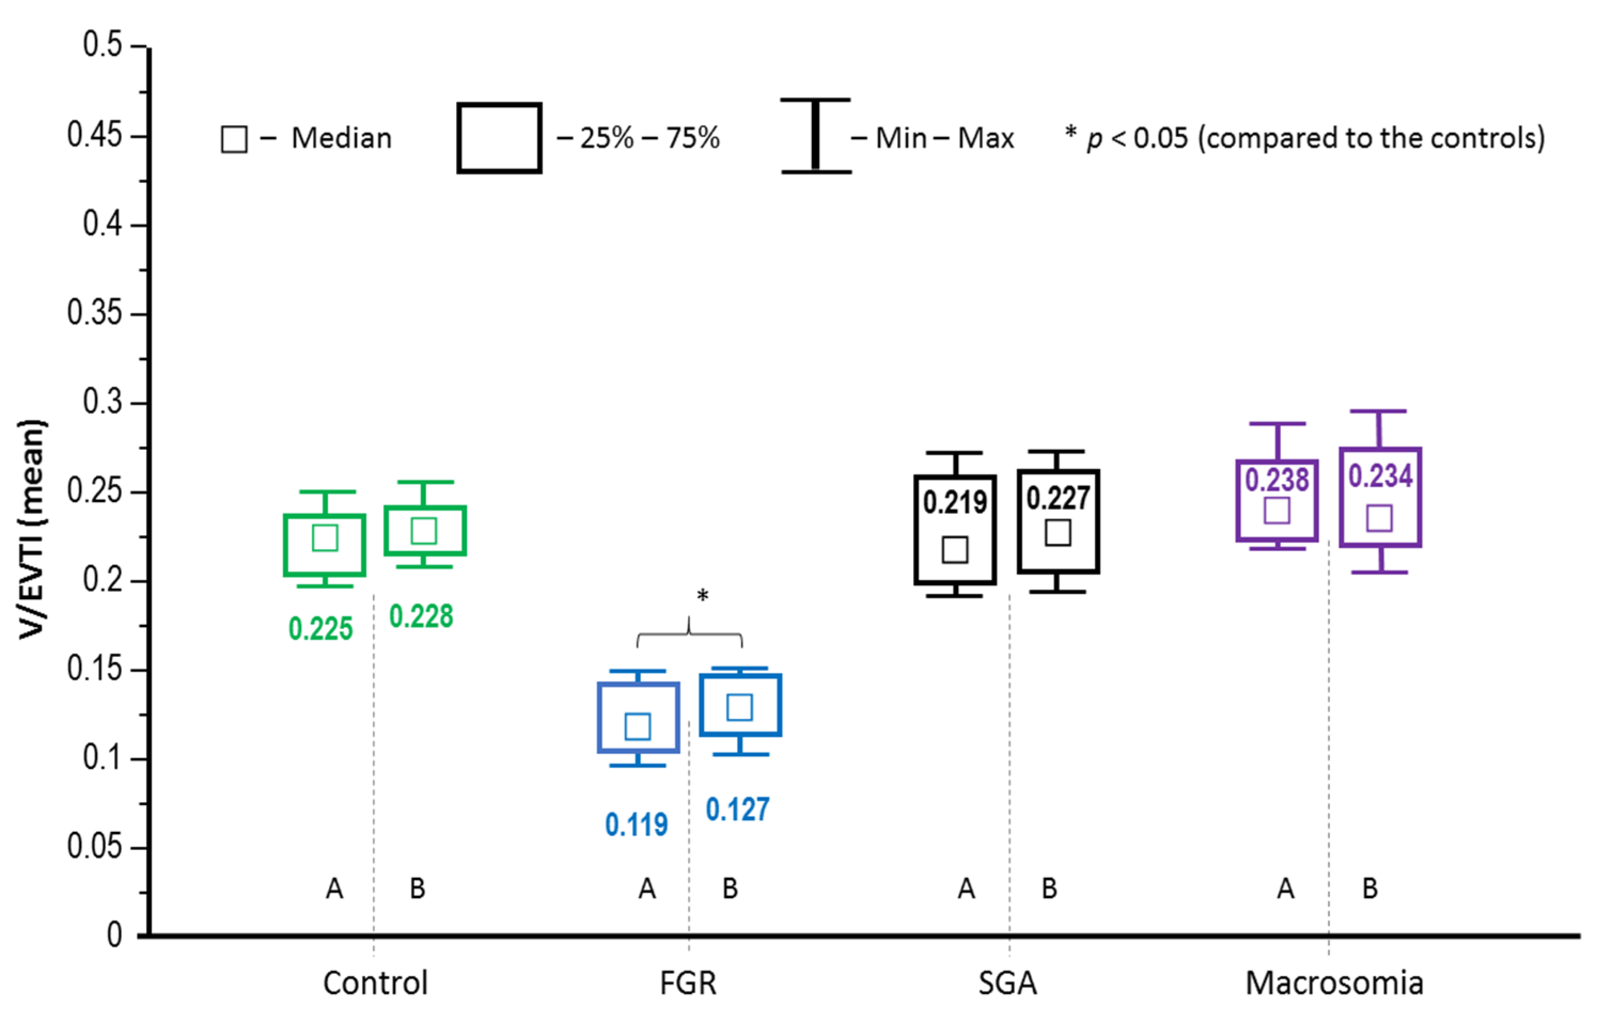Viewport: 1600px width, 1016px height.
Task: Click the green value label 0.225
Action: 320,629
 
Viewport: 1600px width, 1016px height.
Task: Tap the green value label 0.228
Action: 421,617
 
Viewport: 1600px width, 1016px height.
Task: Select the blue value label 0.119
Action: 637,825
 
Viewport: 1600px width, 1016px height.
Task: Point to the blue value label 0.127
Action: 738,810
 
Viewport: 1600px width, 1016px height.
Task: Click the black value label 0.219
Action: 955,503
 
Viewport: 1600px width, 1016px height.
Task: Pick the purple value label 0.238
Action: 1276,480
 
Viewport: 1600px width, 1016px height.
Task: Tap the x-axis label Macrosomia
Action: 1334,983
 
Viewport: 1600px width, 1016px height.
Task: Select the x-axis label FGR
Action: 688,983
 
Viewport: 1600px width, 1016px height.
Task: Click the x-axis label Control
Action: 375,983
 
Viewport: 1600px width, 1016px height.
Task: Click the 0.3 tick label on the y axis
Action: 103,402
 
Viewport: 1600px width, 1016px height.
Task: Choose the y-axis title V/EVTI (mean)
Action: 32,529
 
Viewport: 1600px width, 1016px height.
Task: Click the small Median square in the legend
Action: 234,139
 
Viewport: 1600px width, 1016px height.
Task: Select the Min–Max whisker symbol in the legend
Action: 815,136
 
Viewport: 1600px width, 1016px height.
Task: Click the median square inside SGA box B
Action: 1058,533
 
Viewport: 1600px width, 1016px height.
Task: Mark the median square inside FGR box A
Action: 638,726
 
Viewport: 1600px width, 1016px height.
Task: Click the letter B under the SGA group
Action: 1049,888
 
